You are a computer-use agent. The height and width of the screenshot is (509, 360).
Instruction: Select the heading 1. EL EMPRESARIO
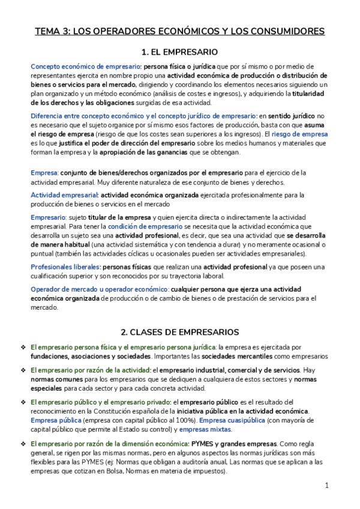[x=179, y=52]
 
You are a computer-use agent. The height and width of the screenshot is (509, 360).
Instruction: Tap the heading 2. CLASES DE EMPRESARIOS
[x=179, y=331]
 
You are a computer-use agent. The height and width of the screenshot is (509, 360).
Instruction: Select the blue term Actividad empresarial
[x=64, y=194]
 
